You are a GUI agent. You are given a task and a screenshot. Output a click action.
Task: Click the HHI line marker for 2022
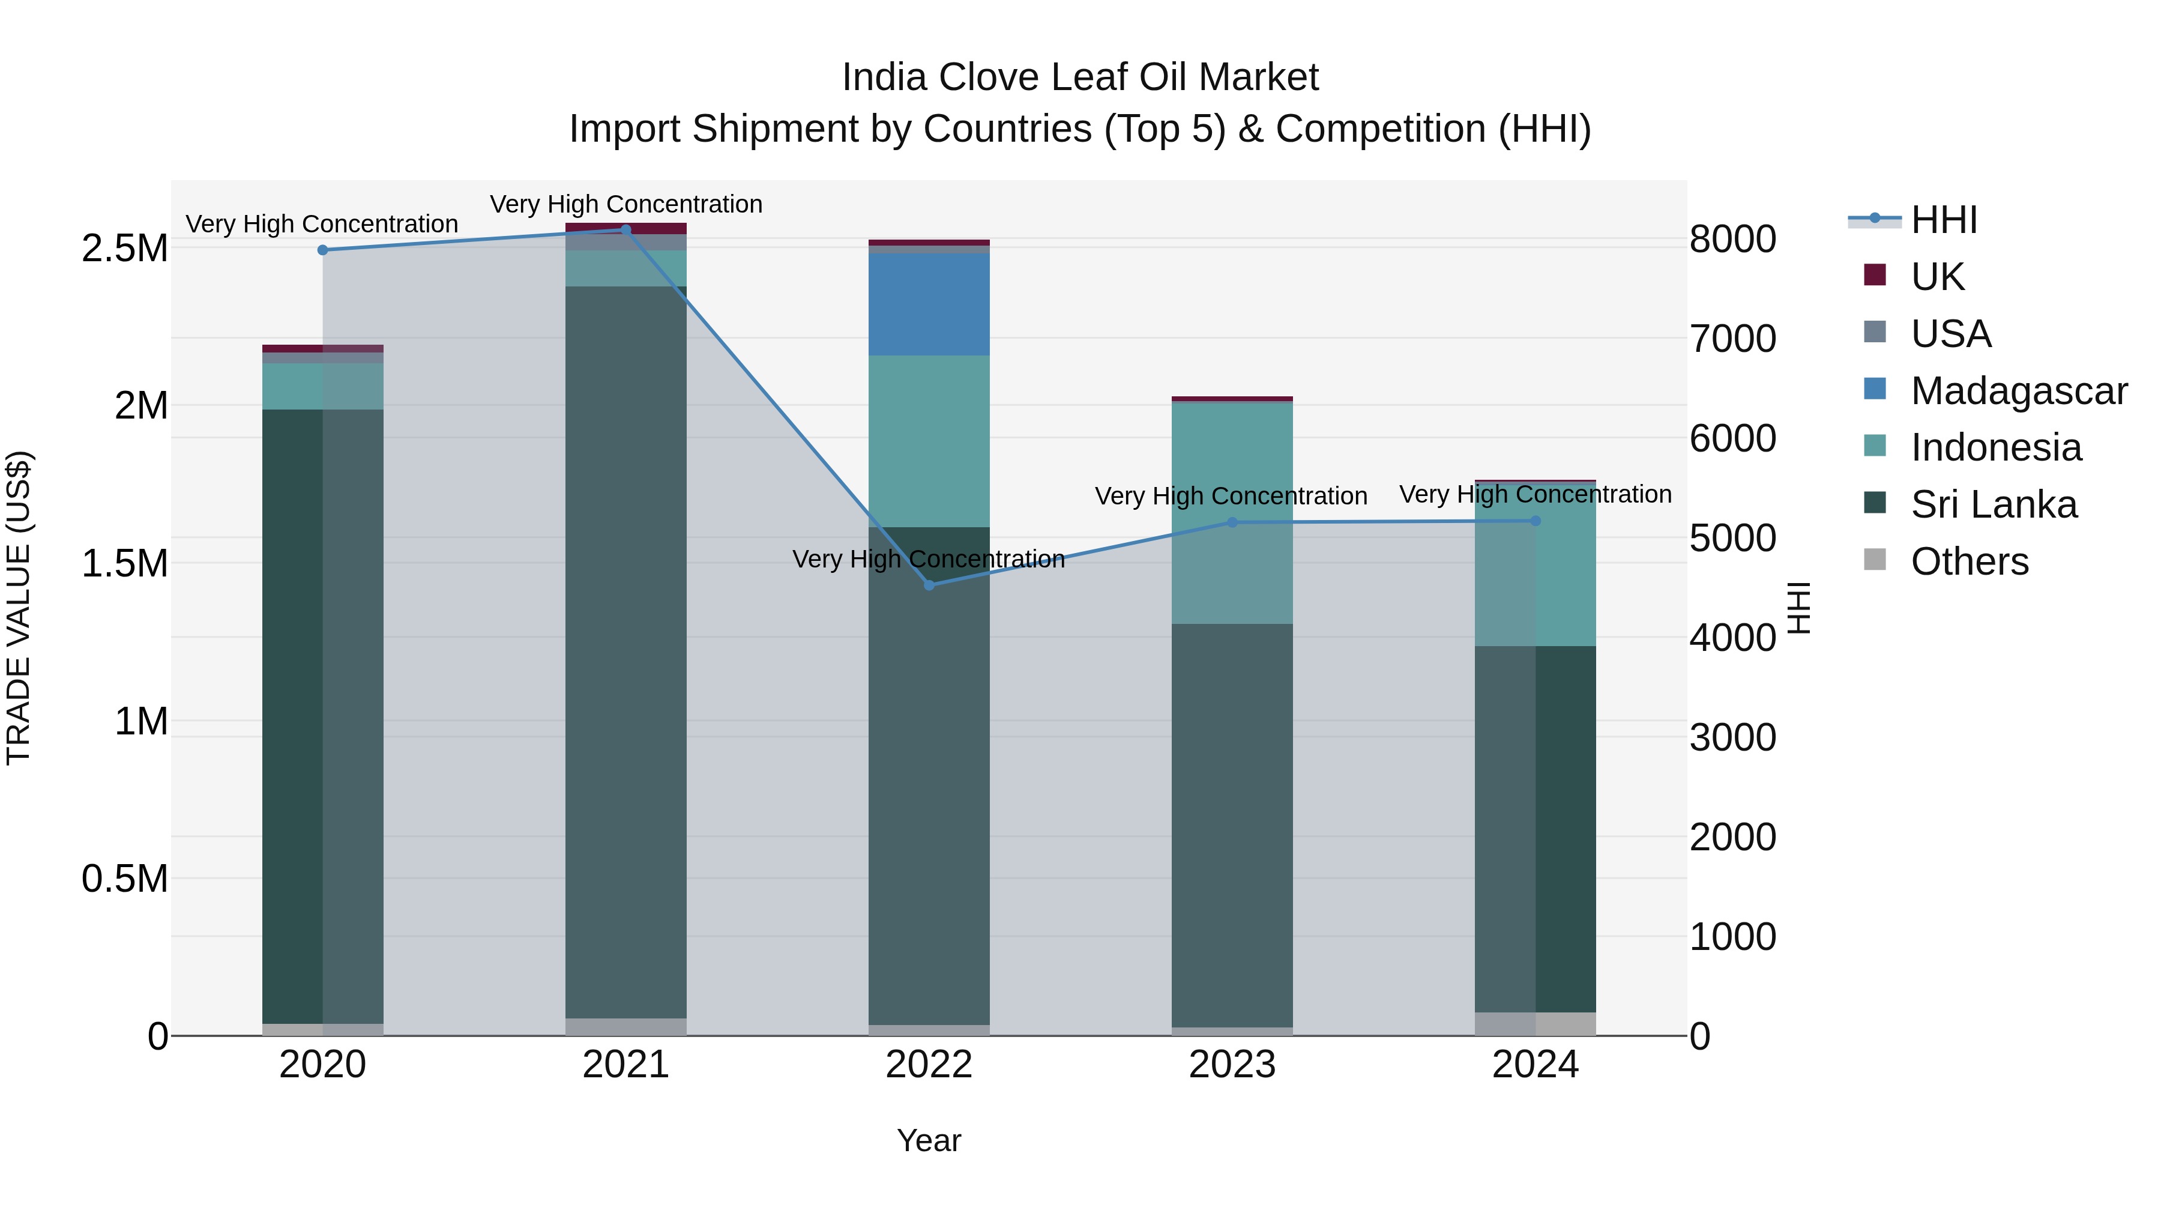tap(929, 585)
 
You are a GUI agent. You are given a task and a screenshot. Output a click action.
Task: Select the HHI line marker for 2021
tap(626, 230)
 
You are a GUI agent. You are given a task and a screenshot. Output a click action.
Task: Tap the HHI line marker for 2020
tap(323, 250)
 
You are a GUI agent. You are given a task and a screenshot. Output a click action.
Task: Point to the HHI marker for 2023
tap(1232, 522)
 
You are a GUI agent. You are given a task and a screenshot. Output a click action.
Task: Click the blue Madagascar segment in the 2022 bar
tap(929, 304)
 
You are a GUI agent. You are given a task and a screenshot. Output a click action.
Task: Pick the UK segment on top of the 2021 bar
tap(626, 228)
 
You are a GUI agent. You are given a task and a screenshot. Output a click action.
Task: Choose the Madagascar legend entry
tap(2018, 391)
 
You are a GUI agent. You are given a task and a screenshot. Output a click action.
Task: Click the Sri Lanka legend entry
tap(1993, 504)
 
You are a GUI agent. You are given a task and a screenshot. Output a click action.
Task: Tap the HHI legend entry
tap(1943, 220)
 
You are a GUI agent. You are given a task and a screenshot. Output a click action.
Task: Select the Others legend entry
tap(1969, 561)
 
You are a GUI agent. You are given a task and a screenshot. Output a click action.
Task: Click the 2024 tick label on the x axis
tap(1535, 1065)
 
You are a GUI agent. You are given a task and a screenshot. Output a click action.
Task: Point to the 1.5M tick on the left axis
tap(125, 563)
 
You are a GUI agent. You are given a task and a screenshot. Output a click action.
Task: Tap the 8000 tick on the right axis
tap(1732, 239)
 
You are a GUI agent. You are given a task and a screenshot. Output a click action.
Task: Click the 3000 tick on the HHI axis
tap(1732, 737)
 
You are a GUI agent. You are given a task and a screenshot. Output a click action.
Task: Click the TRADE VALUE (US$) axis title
tap(19, 608)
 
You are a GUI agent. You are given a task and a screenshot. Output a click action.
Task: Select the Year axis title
tap(929, 1140)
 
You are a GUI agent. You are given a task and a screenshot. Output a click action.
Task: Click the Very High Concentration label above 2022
tap(929, 559)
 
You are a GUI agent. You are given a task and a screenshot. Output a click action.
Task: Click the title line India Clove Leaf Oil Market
tap(1080, 77)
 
